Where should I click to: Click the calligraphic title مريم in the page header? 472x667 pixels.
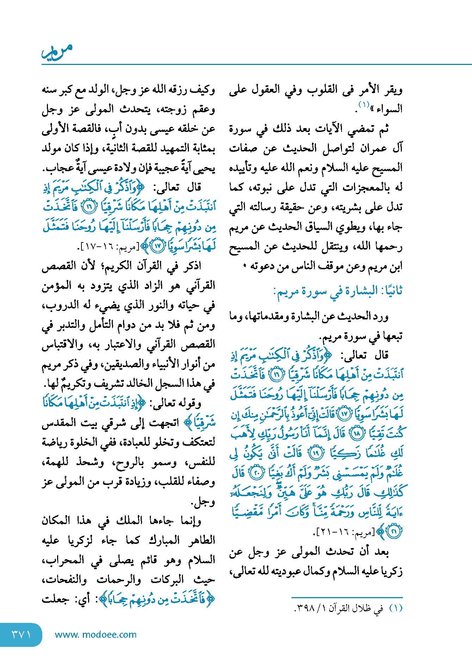pos(57,52)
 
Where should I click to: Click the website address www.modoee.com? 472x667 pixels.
pos(96,635)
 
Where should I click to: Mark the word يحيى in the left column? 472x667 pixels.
pos(204,169)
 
